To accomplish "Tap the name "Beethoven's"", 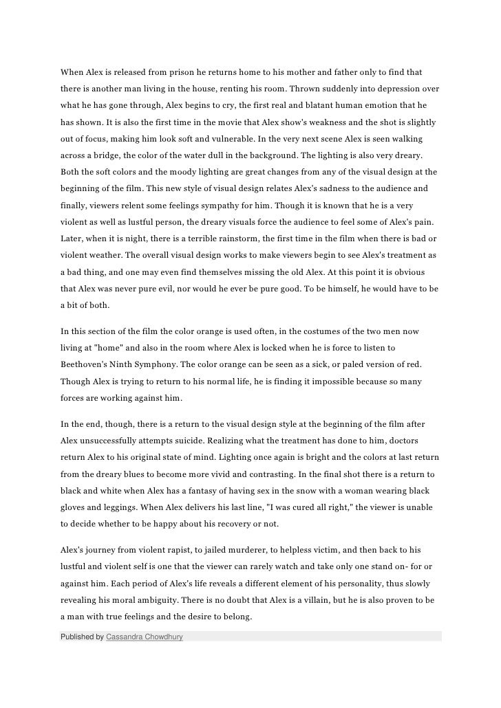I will click(x=86, y=364).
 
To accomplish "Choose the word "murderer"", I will click(x=252, y=551).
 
